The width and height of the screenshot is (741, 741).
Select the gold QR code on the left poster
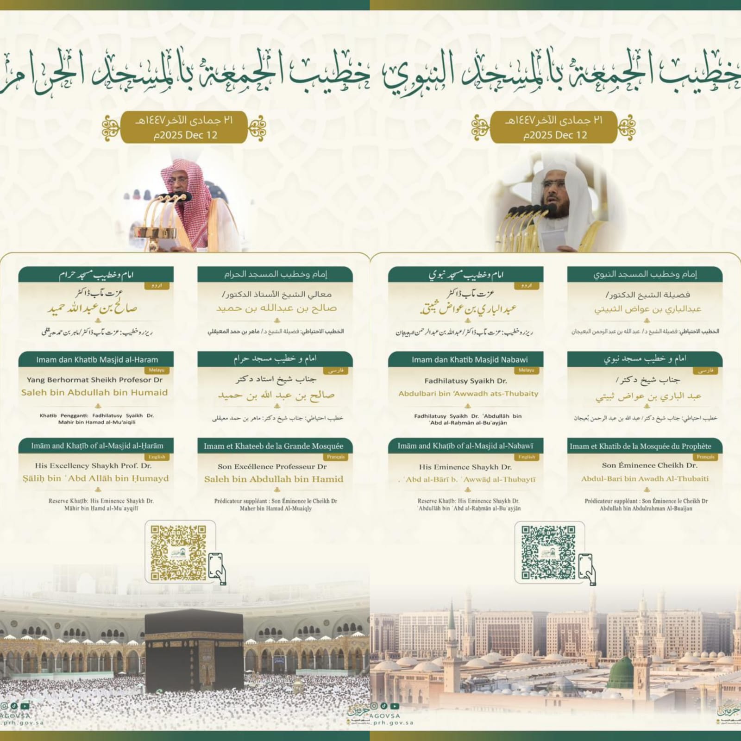178,553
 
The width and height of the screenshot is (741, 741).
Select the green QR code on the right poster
548,553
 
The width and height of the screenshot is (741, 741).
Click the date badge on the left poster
184,127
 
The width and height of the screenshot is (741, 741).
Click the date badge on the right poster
554,127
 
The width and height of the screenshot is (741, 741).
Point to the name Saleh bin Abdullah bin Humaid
94,392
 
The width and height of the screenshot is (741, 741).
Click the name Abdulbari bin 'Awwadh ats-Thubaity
468,394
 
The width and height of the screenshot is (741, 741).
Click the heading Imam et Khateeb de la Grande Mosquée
274,446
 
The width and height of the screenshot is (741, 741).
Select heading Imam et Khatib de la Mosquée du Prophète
641,446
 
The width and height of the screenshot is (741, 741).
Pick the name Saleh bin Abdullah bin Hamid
274,479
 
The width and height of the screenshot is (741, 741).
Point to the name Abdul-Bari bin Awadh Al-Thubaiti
645,478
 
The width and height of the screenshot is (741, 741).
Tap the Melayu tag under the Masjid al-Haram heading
157,370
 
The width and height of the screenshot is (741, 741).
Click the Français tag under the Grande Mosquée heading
336,457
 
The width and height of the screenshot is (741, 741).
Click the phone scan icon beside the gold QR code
217,567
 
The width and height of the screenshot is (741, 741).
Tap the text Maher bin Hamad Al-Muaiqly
276,509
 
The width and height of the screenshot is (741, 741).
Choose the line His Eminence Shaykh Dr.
465,467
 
